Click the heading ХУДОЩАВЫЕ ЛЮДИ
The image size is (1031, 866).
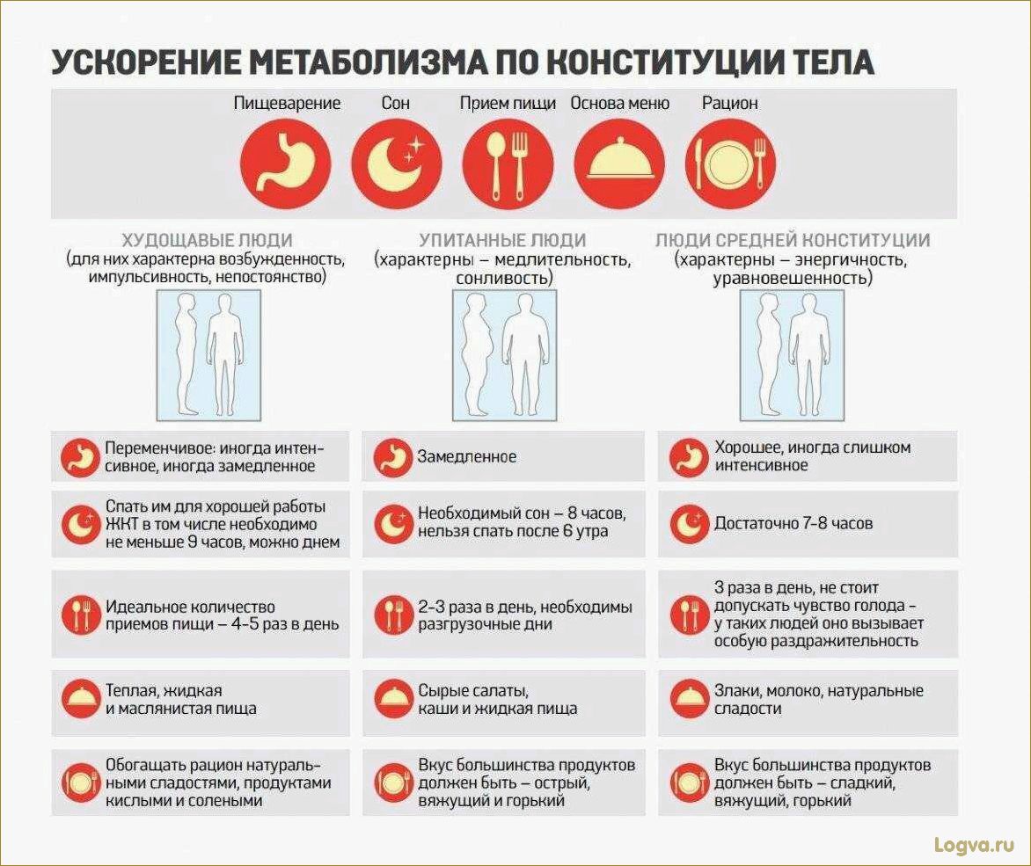(x=207, y=240)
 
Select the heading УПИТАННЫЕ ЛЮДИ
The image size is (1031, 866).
(x=502, y=240)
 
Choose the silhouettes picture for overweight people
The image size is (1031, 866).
(x=504, y=353)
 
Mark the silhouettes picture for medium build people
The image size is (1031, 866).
(x=791, y=353)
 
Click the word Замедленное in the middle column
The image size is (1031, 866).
(x=467, y=457)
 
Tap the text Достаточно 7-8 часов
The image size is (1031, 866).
(x=793, y=523)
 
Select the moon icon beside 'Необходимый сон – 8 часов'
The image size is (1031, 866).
(x=391, y=524)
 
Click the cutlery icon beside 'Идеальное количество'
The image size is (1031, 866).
(x=79, y=615)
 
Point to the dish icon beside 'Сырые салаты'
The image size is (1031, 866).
(x=391, y=699)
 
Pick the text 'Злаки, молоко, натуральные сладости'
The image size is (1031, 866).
(x=818, y=699)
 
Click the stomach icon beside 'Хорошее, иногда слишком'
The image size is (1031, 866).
(x=687, y=457)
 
